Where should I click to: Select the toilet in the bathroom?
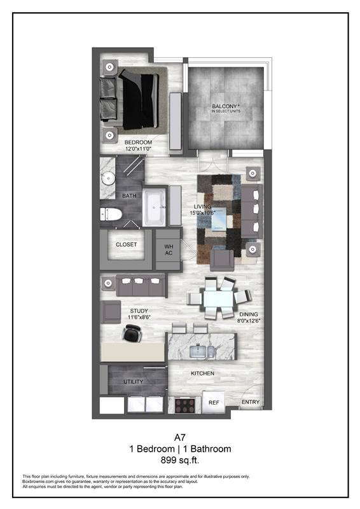click(111, 214)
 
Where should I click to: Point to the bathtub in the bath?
click(153, 207)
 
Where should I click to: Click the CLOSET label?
click(126, 244)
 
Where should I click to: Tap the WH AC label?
click(169, 249)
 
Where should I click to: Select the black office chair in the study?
click(132, 331)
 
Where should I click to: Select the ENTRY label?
click(249, 402)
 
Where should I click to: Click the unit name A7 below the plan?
click(180, 437)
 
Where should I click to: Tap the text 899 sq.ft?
click(180, 460)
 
